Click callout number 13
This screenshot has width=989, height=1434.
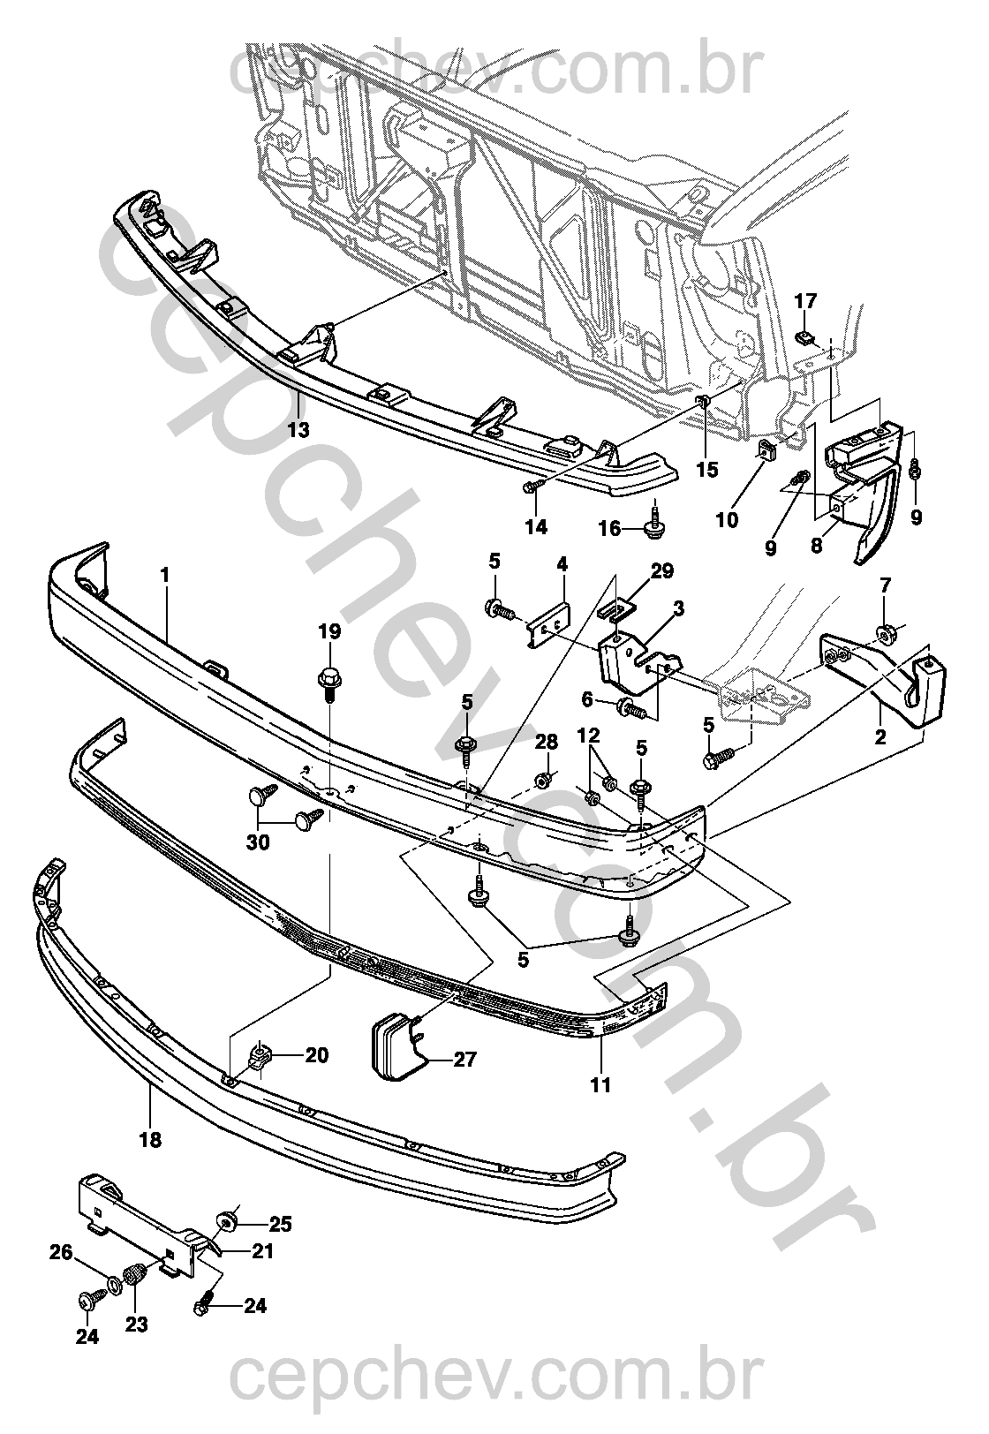coord(298,430)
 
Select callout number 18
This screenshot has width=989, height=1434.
coord(150,1140)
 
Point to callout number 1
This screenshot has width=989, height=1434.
coord(164,574)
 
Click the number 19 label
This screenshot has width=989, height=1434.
coord(329,631)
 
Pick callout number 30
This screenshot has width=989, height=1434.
coord(258,842)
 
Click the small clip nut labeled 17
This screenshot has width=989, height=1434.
coord(804,336)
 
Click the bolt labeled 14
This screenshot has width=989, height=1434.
coord(534,485)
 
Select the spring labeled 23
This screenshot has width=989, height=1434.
coord(135,1277)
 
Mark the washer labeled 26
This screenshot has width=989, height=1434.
coord(115,1282)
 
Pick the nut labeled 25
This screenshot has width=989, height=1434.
coord(230,1222)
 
